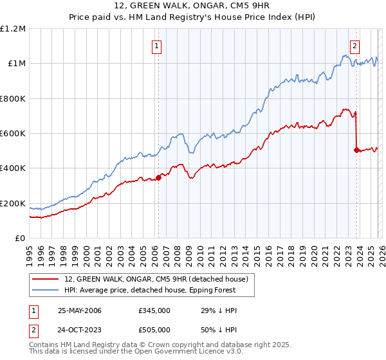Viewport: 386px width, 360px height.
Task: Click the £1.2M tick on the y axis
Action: point(14,29)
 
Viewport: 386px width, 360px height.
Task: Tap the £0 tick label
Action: point(21,239)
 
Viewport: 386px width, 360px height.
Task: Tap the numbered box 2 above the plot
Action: point(354,46)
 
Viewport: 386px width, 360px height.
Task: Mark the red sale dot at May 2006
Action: point(158,178)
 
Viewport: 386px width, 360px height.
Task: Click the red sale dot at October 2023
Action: point(356,150)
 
